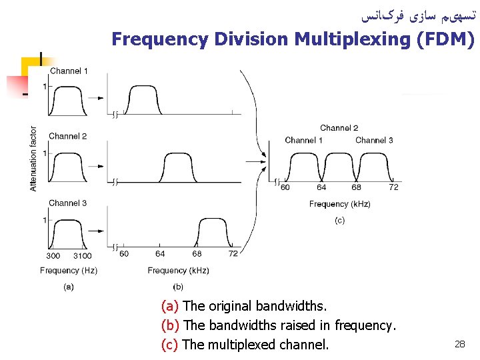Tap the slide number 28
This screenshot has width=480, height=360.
(459, 344)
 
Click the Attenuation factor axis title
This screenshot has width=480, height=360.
(34, 159)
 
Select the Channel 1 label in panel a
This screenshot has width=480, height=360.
(69, 71)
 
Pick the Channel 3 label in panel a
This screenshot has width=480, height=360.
(68, 203)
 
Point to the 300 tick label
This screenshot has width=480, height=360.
(53, 255)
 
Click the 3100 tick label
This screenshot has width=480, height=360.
(82, 255)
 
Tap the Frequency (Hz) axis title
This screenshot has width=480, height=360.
(69, 270)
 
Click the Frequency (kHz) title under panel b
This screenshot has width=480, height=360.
(178, 270)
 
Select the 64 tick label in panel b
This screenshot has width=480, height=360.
(160, 253)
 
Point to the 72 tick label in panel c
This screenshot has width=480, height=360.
(393, 187)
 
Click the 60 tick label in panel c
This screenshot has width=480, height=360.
(285, 187)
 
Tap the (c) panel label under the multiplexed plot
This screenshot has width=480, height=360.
(339, 221)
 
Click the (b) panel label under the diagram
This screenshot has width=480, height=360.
(178, 287)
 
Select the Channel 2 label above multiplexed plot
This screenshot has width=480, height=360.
(339, 128)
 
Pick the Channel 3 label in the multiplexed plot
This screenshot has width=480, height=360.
(374, 140)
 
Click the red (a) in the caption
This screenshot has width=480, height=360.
(170, 307)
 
